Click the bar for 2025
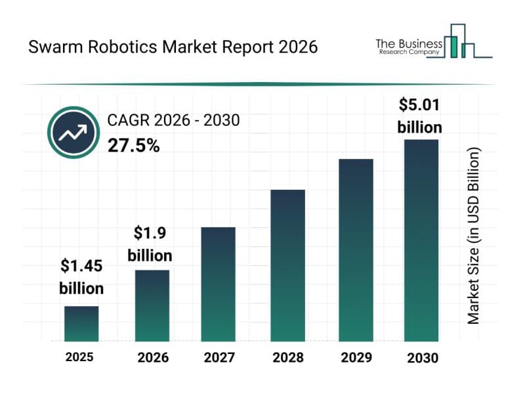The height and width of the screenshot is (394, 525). pyautogui.click(x=81, y=324)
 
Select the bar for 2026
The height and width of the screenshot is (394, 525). pyautogui.click(x=152, y=305)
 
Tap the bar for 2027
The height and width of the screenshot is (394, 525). pyautogui.click(x=218, y=284)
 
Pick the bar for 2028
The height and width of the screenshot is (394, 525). pyautogui.click(x=287, y=265)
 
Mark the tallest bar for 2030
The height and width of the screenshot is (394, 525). pyautogui.click(x=421, y=240)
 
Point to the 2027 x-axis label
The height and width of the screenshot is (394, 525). pyautogui.click(x=218, y=357)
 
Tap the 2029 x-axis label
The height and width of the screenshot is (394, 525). pyautogui.click(x=356, y=357)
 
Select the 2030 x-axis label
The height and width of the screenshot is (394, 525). pyautogui.click(x=421, y=357)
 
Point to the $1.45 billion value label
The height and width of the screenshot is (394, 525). pyautogui.click(x=81, y=277)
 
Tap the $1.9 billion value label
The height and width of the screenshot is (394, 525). pyautogui.click(x=150, y=244)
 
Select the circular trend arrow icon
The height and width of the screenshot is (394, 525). pyautogui.click(x=72, y=133)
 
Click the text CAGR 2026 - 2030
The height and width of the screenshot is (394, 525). pyautogui.click(x=173, y=120)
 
